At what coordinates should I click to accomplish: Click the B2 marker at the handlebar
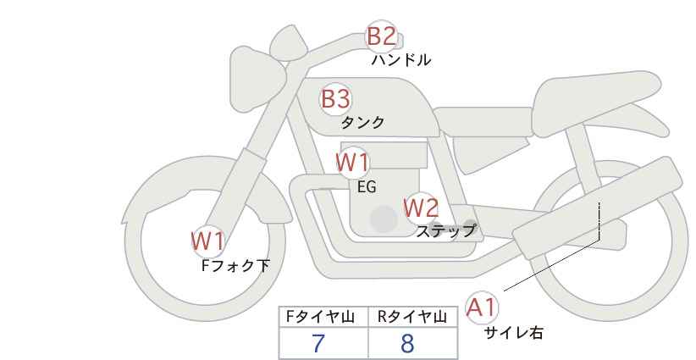pos(381,36)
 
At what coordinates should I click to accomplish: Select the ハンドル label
pos(401,60)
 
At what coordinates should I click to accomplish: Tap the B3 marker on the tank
pos(335,99)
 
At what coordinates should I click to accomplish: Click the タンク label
pos(362,123)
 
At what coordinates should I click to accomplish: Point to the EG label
pos(367,188)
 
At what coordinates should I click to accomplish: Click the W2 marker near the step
pos(421,207)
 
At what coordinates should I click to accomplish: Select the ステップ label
pos(445,230)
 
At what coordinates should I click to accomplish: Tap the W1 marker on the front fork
pos(207,241)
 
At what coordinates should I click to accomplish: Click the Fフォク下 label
pos(235,266)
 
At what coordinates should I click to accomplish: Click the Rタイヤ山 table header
pos(412,317)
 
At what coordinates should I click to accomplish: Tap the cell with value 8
pos(412,343)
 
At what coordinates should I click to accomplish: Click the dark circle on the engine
pos(384,219)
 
